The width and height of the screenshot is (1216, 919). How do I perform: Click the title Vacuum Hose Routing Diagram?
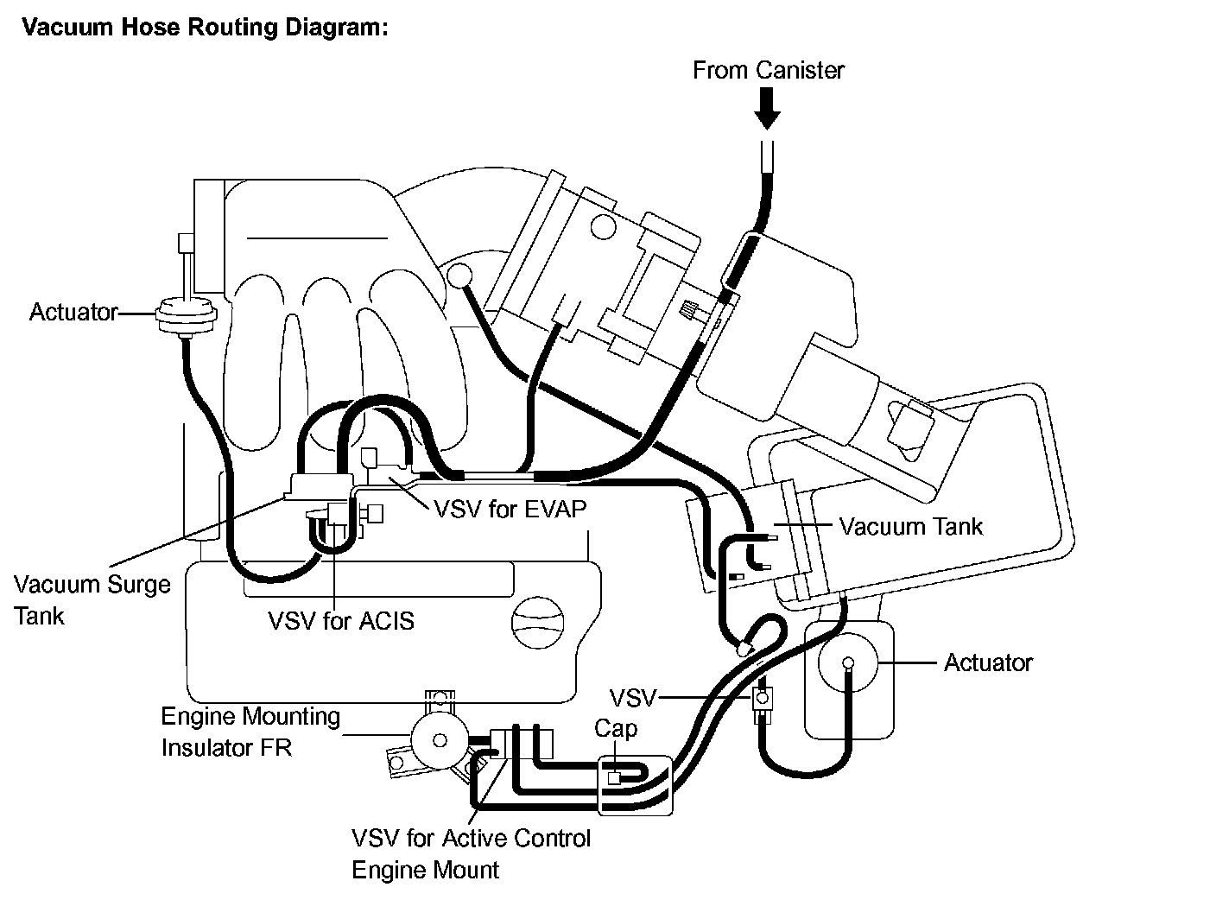pyautogui.click(x=205, y=27)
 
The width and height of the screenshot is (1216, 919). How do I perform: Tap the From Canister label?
pyautogui.click(x=769, y=70)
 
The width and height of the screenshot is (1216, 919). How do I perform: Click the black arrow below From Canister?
pyautogui.click(x=767, y=109)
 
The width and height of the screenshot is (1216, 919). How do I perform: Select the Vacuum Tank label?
pyautogui.click(x=911, y=526)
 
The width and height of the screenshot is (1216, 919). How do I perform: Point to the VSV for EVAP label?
pyautogui.click(x=510, y=509)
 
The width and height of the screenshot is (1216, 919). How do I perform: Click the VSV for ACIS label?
pyautogui.click(x=341, y=621)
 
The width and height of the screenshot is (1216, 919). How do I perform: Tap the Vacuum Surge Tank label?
pyautogui.click(x=92, y=600)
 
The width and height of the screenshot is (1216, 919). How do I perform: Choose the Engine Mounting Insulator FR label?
pyautogui.click(x=250, y=732)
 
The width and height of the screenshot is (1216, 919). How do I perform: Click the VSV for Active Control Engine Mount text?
pyautogui.click(x=472, y=854)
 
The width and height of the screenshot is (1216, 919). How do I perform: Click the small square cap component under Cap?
pyautogui.click(x=614, y=778)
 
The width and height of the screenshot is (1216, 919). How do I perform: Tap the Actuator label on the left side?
pyautogui.click(x=73, y=312)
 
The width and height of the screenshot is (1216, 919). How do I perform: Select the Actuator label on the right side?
pyautogui.click(x=988, y=662)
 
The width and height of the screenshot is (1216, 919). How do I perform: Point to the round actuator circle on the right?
pyautogui.click(x=847, y=662)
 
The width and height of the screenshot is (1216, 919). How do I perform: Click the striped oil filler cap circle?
pyautogui.click(x=537, y=623)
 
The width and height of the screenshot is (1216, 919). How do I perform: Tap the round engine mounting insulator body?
pyautogui.click(x=440, y=740)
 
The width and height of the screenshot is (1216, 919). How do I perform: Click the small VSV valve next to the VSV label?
pyautogui.click(x=763, y=700)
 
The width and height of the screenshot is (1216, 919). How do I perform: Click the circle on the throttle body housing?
pyautogui.click(x=604, y=227)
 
